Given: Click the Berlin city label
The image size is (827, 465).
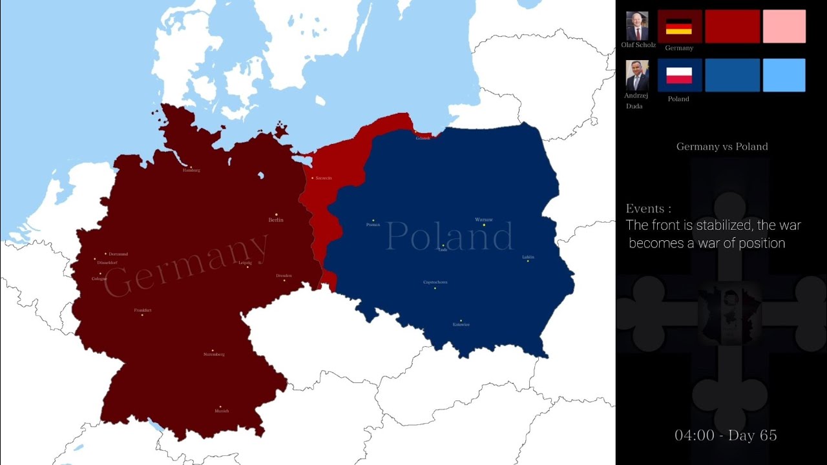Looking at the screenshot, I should (x=276, y=220).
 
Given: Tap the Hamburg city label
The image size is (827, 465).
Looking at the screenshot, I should (x=191, y=170).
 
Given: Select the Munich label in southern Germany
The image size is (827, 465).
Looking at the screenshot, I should (x=222, y=411).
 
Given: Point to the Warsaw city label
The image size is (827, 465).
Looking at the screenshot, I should (x=484, y=220).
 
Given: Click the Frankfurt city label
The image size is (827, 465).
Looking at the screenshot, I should (x=143, y=311).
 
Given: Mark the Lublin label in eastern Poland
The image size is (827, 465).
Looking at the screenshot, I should (x=528, y=257).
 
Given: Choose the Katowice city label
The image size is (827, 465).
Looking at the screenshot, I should (x=461, y=324).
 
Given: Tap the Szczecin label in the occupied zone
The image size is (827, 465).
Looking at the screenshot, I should (x=322, y=178).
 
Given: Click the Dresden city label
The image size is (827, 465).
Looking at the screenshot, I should (x=284, y=276).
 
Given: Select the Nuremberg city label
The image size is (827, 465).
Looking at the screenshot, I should (x=214, y=355).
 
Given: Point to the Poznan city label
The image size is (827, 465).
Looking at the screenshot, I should (x=373, y=225).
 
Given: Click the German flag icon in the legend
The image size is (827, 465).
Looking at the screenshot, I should (x=679, y=26).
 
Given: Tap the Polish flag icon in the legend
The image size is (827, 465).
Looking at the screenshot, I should (x=679, y=76).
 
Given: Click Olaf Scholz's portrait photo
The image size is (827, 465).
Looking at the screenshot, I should (x=637, y=26).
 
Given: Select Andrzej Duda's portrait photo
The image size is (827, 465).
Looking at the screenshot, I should (x=637, y=76).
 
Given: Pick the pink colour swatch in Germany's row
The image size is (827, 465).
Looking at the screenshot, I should (x=784, y=26).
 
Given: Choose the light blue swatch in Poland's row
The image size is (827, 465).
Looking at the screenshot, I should (x=784, y=76).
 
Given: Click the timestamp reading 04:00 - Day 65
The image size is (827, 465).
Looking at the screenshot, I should (x=726, y=435).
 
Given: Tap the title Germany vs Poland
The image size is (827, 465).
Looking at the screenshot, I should (x=722, y=147).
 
